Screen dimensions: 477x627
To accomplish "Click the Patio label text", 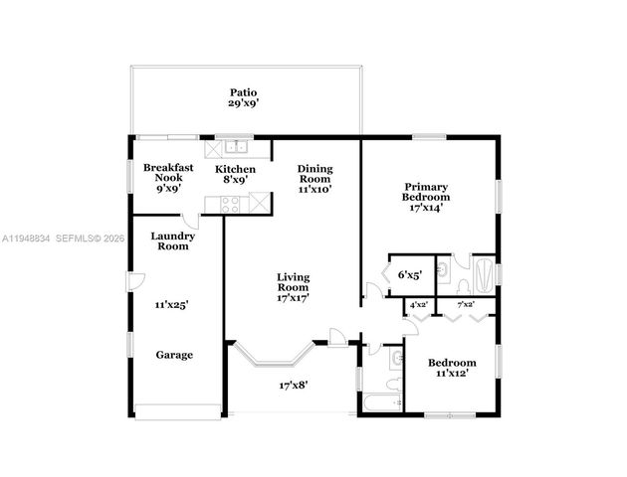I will click(245, 91).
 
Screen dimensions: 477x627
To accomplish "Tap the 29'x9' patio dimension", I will click(245, 103).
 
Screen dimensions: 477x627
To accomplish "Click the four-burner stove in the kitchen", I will click(229, 204).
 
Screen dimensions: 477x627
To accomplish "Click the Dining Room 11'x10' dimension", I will click(314, 188).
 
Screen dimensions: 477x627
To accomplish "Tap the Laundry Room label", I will click(171, 240).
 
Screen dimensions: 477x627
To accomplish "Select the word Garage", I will click(173, 354).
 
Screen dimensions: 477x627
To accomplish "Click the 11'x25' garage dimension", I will click(172, 305).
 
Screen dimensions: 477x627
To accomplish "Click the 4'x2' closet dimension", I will click(418, 304).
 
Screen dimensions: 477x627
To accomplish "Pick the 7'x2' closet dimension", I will click(465, 304).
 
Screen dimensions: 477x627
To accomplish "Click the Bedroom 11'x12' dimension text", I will click(452, 374).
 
